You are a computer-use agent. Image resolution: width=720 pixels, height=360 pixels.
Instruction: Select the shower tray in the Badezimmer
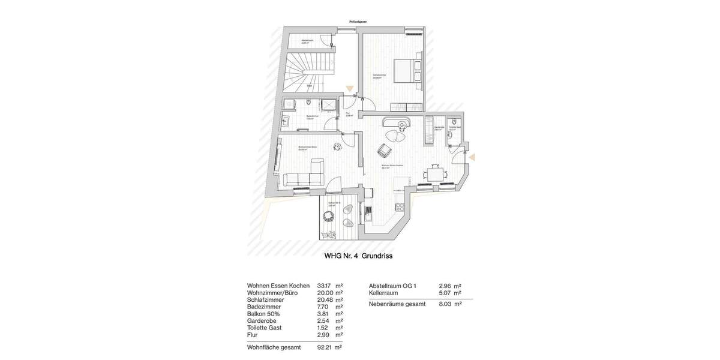coord(329,105)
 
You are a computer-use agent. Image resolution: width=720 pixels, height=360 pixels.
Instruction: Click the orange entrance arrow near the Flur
coord(350,89)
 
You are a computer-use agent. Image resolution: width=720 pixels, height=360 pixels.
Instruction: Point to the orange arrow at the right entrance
coord(472,157)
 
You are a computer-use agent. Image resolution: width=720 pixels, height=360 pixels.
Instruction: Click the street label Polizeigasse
coord(358,22)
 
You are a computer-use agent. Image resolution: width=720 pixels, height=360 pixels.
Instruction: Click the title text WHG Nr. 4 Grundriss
coord(358,256)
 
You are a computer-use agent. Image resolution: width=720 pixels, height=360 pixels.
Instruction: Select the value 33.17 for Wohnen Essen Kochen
coord(324,286)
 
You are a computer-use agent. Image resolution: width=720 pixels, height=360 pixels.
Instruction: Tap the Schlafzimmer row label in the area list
coord(265,300)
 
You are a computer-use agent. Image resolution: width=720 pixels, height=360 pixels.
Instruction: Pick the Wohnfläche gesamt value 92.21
coord(324,347)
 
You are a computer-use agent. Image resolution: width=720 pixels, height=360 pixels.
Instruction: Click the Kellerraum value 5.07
coord(445,293)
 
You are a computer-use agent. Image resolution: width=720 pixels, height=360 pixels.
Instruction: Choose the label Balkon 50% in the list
coord(263,314)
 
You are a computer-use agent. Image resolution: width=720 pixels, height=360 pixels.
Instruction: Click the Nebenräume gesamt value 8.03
coord(445,304)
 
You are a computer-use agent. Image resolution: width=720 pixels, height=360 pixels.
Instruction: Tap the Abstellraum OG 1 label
coord(392,286)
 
